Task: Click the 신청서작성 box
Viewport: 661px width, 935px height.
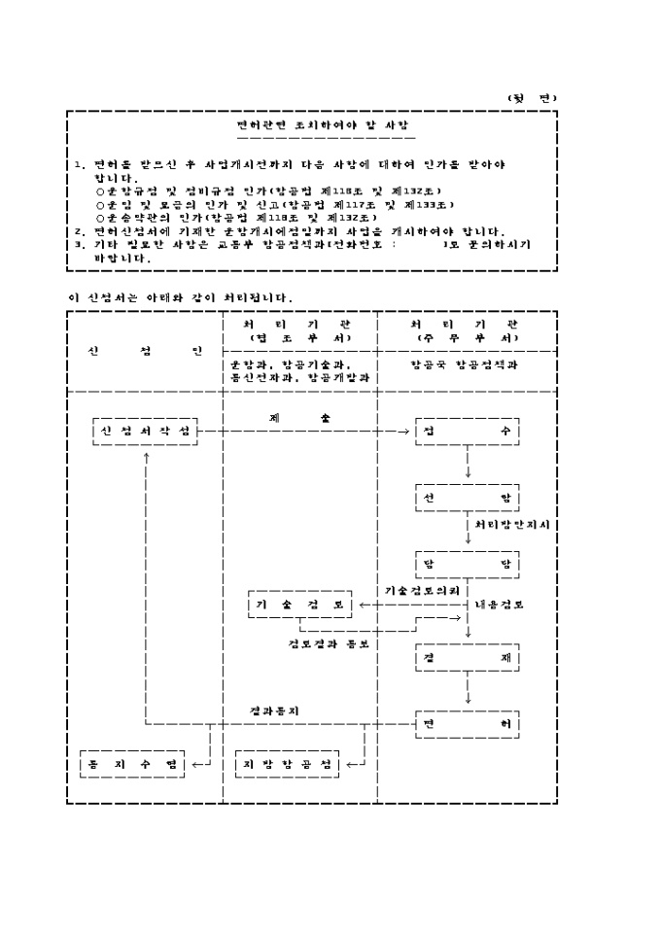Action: point(145,431)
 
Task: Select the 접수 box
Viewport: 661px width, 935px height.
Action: point(468,431)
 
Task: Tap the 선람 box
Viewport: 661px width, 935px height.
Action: point(468,499)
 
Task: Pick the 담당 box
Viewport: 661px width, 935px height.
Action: point(468,564)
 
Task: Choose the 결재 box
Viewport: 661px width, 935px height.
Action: point(468,657)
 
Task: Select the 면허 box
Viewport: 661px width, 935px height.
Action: point(468,725)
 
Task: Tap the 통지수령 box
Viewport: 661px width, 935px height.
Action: point(131,764)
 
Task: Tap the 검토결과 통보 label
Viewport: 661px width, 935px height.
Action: point(328,642)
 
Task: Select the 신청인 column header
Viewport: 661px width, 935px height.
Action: point(145,350)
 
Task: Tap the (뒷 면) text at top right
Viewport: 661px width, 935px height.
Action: point(533,97)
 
